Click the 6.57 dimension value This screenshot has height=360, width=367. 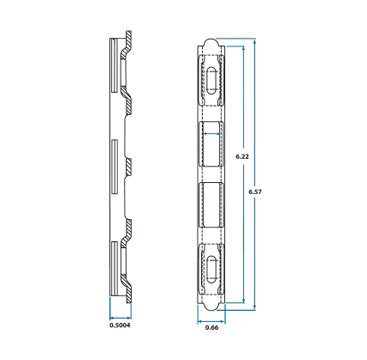[x=255, y=192]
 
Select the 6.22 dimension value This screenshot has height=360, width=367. [x=242, y=156]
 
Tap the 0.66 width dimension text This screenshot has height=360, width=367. [x=211, y=328]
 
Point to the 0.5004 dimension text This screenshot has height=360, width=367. [x=120, y=325]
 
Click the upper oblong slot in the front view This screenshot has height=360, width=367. [x=211, y=81]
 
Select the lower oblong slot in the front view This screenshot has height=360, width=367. [x=211, y=269]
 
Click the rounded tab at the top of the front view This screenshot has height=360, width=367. [x=211, y=42]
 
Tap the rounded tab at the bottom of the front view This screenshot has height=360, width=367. [x=211, y=306]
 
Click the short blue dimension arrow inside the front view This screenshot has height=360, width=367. [x=211, y=134]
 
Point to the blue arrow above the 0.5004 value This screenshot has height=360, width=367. [x=120, y=317]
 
